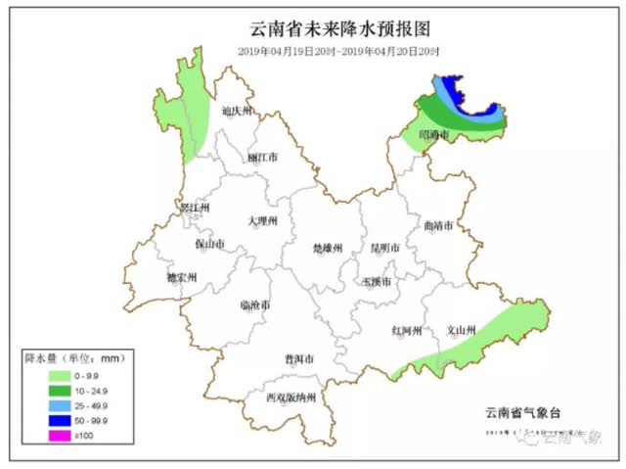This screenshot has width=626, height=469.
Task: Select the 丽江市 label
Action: [262, 157]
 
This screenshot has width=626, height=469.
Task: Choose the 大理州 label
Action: [261, 221]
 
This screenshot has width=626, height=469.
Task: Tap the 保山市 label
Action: [209, 244]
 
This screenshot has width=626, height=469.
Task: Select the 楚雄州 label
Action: [327, 249]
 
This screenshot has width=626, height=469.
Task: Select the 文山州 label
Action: [461, 330]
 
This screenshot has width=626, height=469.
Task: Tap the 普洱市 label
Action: [298, 359]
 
